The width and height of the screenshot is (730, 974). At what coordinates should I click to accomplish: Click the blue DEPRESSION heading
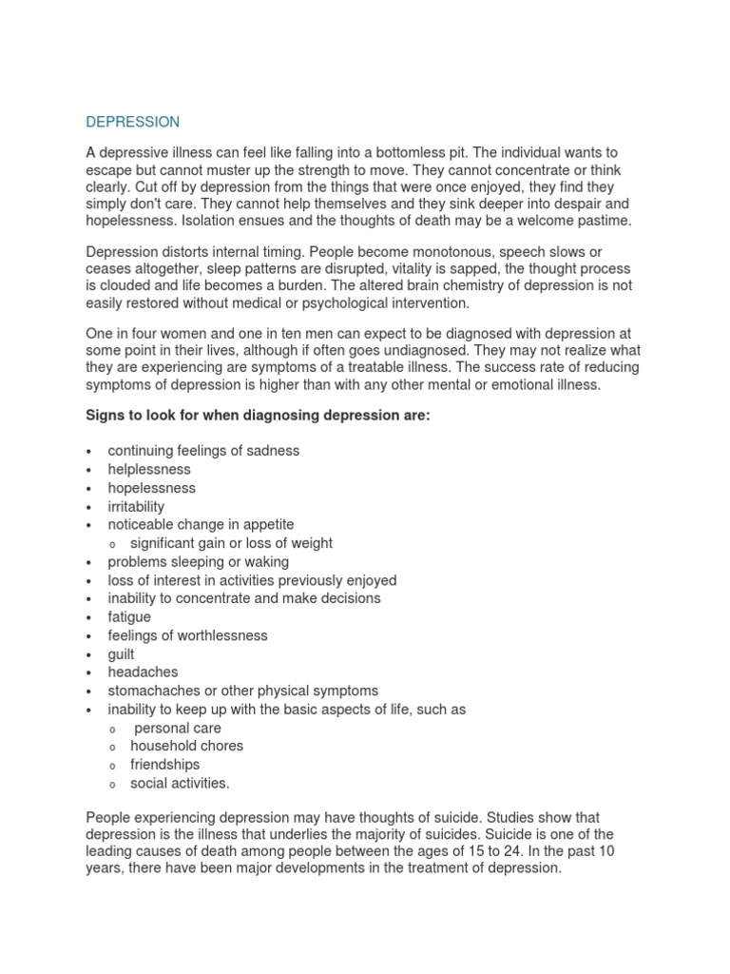click(x=132, y=122)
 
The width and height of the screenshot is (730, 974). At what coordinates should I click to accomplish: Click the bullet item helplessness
click(x=149, y=469)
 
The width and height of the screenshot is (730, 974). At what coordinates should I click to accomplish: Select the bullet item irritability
click(x=136, y=506)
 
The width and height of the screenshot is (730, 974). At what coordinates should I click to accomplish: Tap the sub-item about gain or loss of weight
click(x=231, y=543)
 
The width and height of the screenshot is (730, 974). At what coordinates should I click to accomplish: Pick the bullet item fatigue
click(x=129, y=617)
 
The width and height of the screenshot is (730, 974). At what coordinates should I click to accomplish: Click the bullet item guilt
click(x=122, y=654)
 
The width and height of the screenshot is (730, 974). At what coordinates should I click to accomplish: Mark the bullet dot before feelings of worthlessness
click(x=88, y=636)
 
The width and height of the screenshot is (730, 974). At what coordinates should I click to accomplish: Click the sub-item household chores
click(x=186, y=747)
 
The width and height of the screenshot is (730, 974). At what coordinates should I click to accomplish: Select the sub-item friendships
click(x=164, y=765)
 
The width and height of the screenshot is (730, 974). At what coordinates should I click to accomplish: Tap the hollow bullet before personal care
click(x=112, y=729)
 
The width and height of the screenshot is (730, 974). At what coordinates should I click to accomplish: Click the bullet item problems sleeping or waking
click(x=198, y=561)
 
